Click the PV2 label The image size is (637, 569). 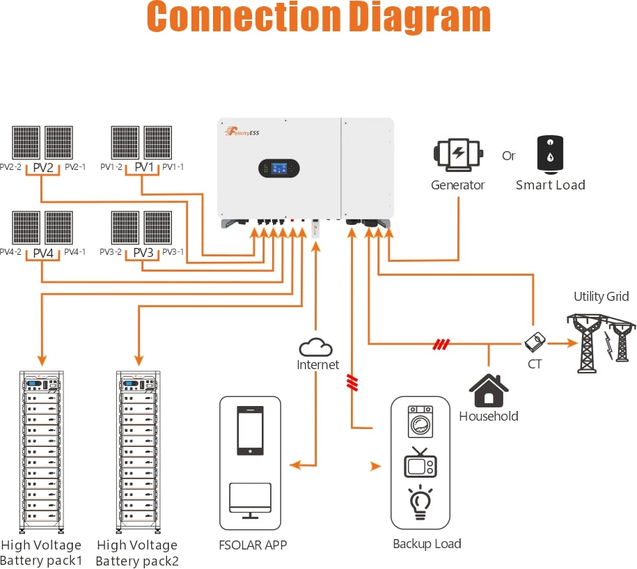(43, 167)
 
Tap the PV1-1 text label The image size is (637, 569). (172, 167)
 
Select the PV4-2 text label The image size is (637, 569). (11, 252)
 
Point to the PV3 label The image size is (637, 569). (143, 252)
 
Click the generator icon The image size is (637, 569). (457, 155)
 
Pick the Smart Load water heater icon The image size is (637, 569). (550, 153)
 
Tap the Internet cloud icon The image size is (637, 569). (317, 347)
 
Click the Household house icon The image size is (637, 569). (489, 391)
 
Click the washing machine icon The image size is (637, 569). (421, 422)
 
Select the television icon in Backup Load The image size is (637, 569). (420, 462)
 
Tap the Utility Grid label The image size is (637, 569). (601, 297)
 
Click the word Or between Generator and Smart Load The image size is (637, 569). (509, 155)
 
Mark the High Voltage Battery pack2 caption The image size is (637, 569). (137, 553)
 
